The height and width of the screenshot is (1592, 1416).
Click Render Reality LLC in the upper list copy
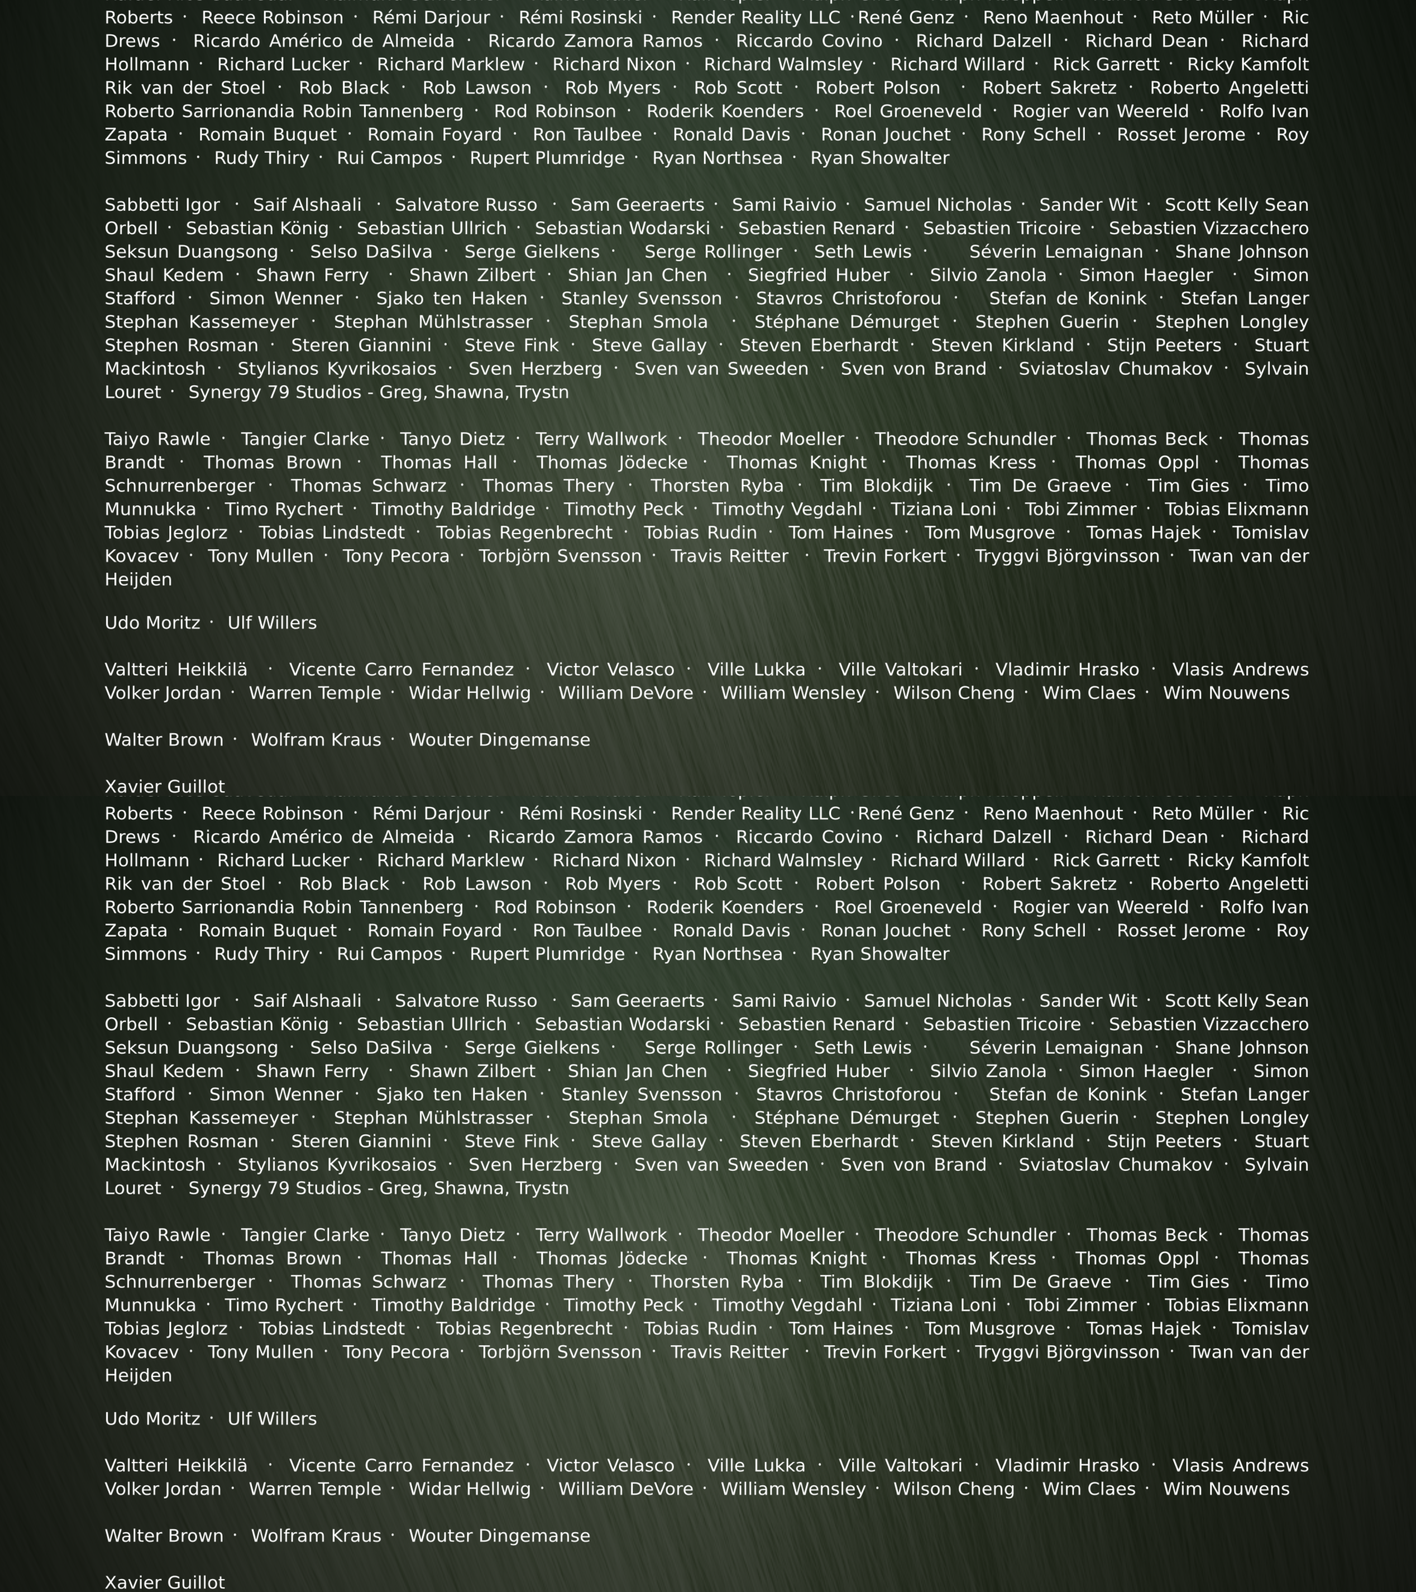point(755,18)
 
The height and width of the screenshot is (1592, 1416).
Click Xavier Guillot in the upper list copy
point(165,787)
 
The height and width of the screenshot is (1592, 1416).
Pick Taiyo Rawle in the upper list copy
point(158,439)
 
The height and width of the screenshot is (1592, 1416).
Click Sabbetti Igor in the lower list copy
point(162,1001)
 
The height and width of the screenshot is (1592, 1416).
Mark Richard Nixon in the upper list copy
point(614,65)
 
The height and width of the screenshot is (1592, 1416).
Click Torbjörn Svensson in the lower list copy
point(560,1352)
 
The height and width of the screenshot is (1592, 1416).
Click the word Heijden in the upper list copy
point(138,579)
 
